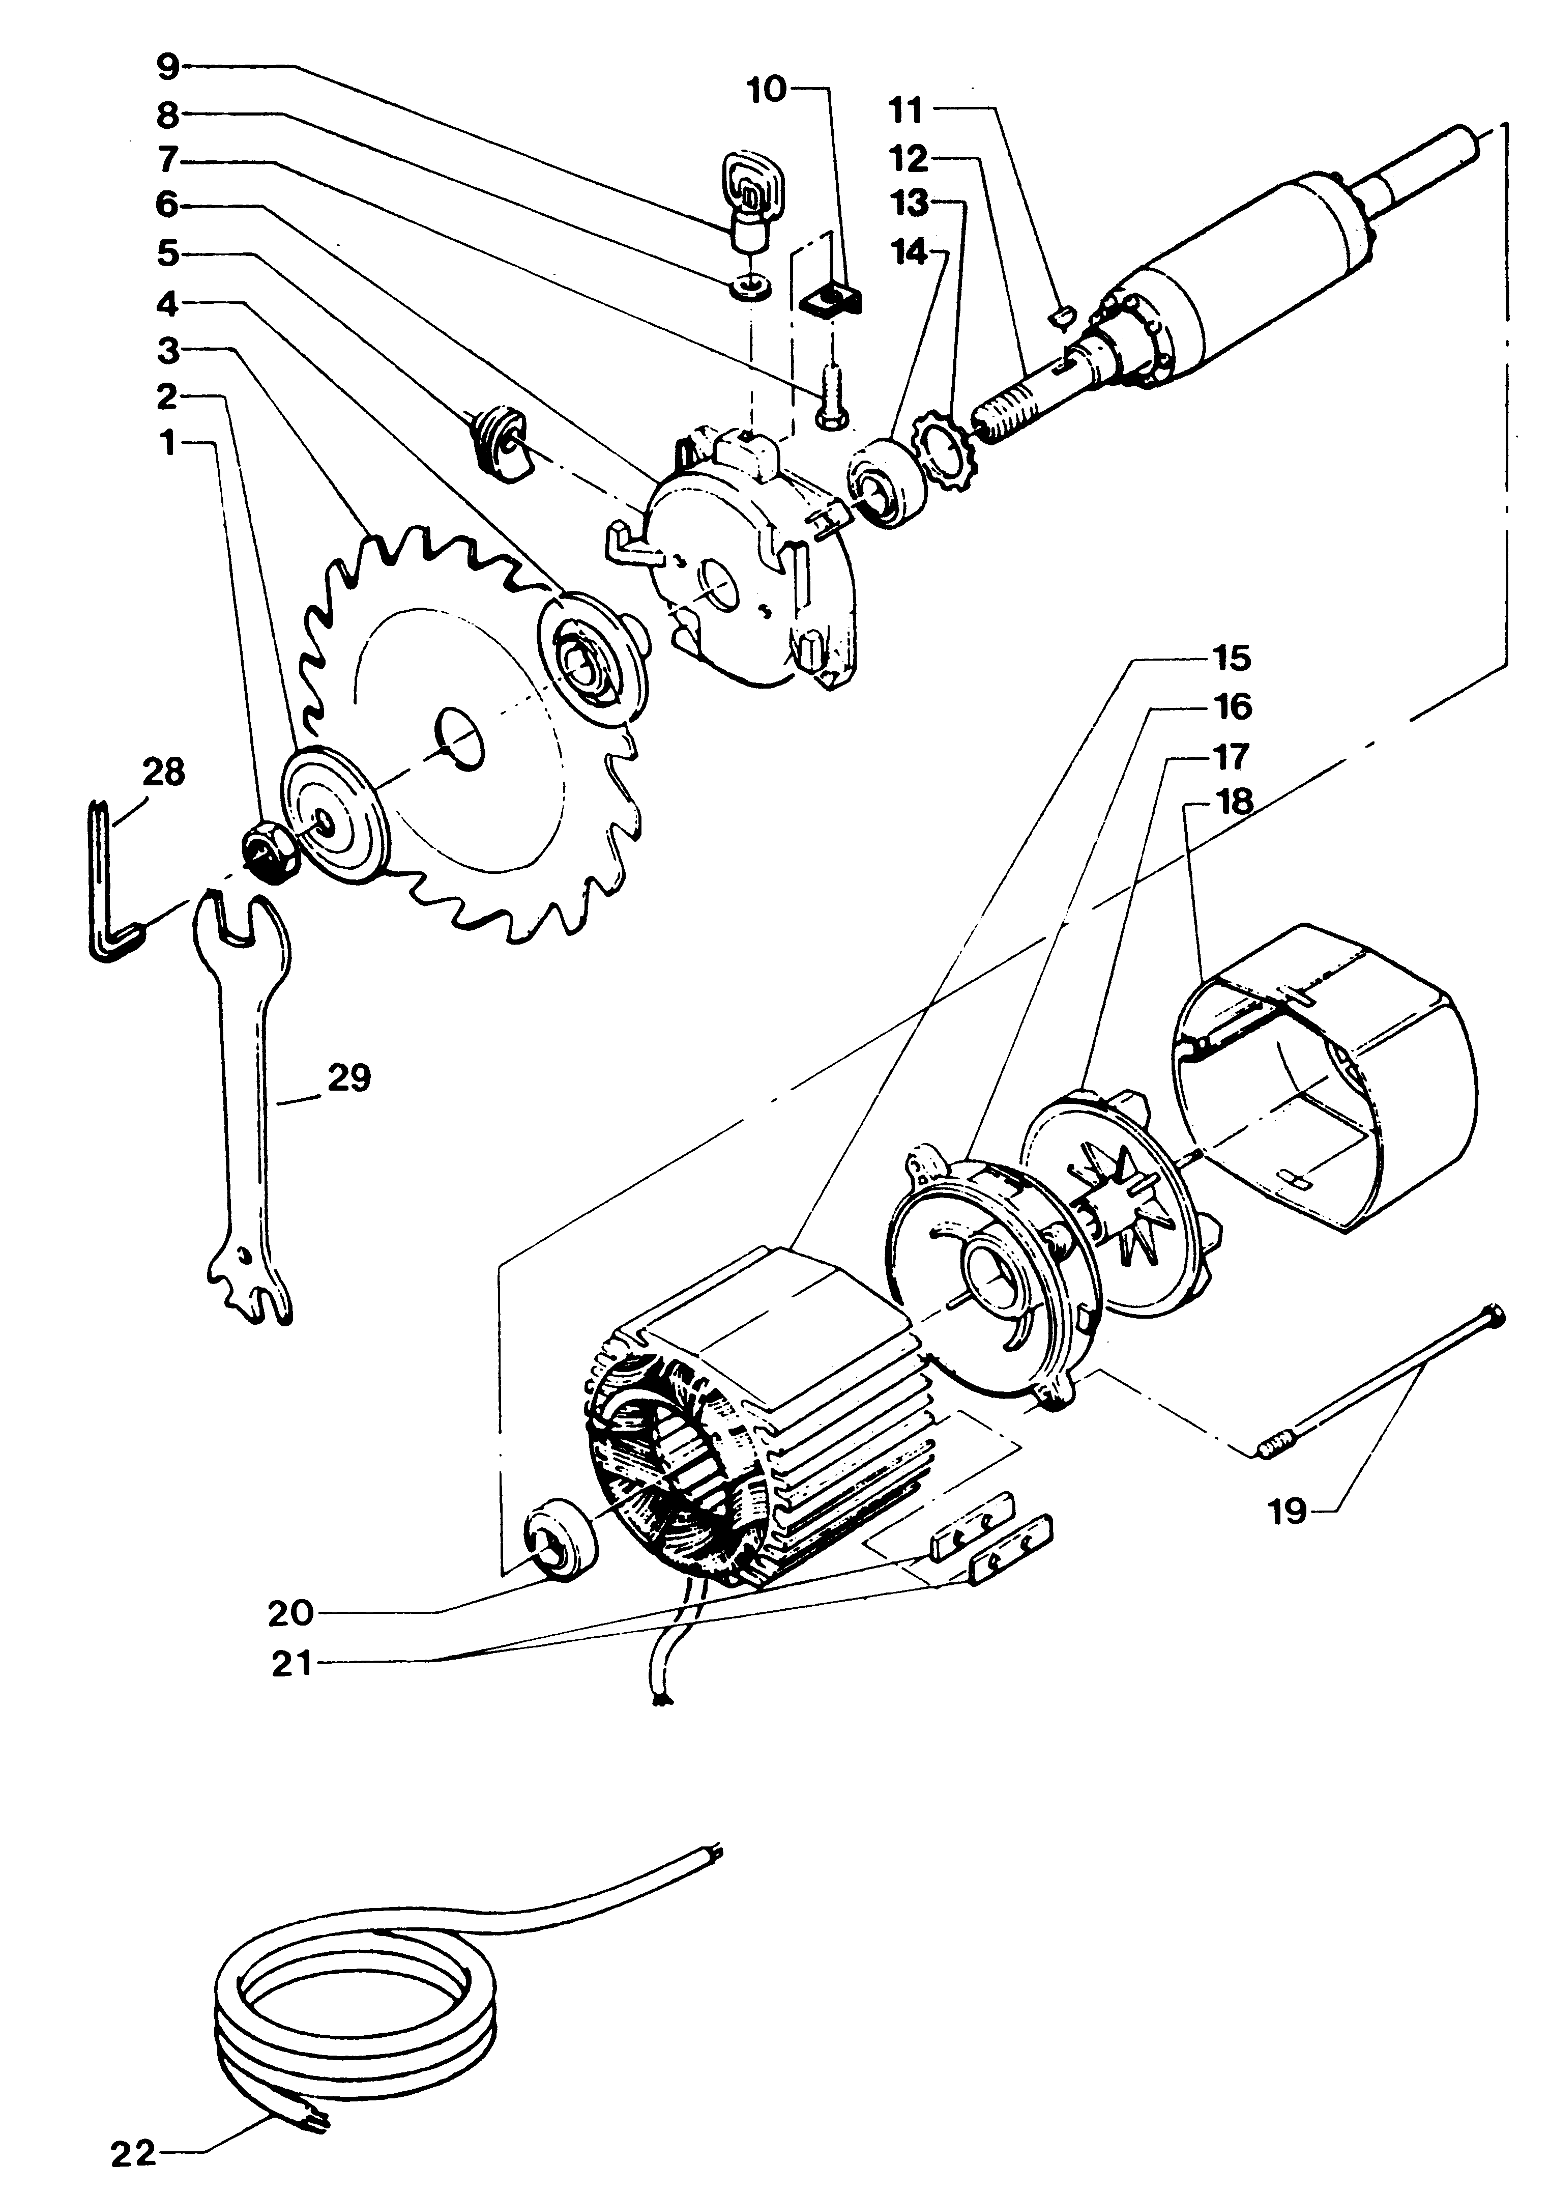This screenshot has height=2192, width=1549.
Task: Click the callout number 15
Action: [1231, 659]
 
